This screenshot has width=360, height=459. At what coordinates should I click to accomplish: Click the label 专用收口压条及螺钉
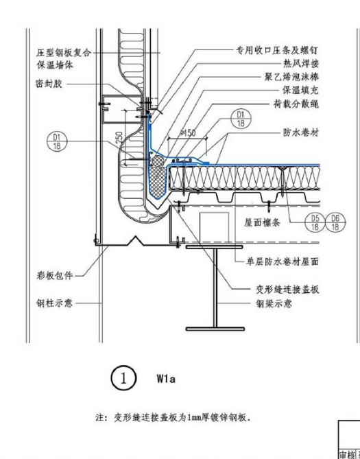(277, 50)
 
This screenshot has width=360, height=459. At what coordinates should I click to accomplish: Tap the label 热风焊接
(301, 64)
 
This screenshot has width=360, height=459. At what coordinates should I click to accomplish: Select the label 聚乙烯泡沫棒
(291, 77)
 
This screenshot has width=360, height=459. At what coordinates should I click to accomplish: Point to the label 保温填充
(300, 90)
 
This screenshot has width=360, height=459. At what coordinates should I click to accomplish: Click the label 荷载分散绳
(296, 104)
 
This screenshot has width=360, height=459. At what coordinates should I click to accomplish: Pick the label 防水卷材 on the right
(301, 132)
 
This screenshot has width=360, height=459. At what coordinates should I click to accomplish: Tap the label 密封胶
(49, 84)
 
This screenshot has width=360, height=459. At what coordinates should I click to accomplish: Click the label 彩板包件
(54, 275)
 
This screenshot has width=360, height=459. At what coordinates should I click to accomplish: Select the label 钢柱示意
(54, 303)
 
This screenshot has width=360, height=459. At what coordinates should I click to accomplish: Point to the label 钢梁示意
(274, 303)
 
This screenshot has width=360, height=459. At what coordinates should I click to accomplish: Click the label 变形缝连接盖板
(287, 290)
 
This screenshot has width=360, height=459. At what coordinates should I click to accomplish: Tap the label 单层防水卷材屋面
(282, 261)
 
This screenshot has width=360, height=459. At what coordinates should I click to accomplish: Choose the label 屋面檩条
(262, 223)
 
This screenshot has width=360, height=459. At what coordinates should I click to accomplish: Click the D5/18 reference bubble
(315, 222)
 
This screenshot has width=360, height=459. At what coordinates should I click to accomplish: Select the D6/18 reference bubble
(335, 222)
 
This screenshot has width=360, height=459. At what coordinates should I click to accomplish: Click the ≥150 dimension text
(188, 133)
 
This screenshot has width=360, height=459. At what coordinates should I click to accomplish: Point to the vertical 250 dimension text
(119, 138)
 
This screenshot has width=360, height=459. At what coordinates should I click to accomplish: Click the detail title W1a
(166, 379)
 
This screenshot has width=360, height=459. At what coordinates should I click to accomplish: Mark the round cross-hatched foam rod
(158, 161)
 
